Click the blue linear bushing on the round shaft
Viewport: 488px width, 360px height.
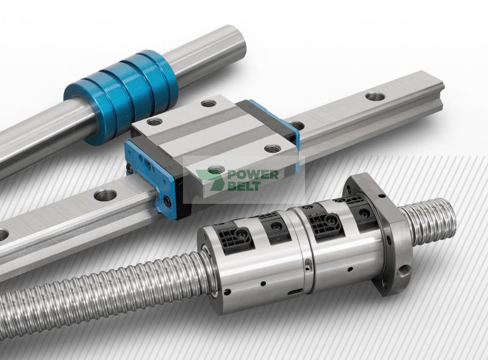click(120, 95)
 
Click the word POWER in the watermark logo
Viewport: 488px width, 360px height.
click(253, 175)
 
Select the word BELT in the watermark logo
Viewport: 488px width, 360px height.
click(244, 186)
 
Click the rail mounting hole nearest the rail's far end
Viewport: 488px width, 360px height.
click(375, 96)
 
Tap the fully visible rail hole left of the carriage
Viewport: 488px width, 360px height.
click(105, 195)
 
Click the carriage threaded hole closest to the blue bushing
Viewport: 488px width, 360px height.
click(154, 122)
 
